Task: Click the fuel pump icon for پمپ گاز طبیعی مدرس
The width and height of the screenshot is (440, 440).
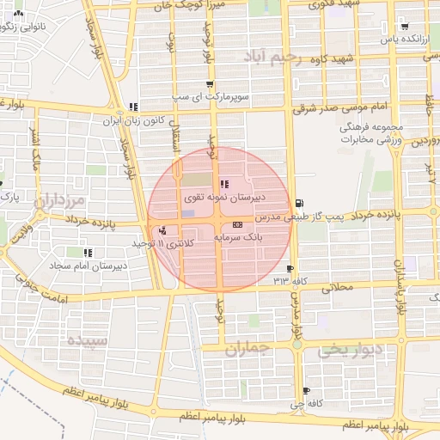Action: (298, 204)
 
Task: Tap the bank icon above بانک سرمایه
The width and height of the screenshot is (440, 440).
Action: (237, 223)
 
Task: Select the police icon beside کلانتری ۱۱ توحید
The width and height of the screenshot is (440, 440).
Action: (162, 230)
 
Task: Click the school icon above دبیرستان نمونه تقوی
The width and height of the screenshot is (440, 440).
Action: (224, 184)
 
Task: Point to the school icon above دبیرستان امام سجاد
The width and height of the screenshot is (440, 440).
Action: (88, 254)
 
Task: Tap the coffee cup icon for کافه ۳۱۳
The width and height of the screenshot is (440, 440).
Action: (291, 269)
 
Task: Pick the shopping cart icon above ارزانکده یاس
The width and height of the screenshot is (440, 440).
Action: (404, 26)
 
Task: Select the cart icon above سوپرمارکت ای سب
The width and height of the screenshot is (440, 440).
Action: (210, 84)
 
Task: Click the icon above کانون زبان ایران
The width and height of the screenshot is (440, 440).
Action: (132, 107)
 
